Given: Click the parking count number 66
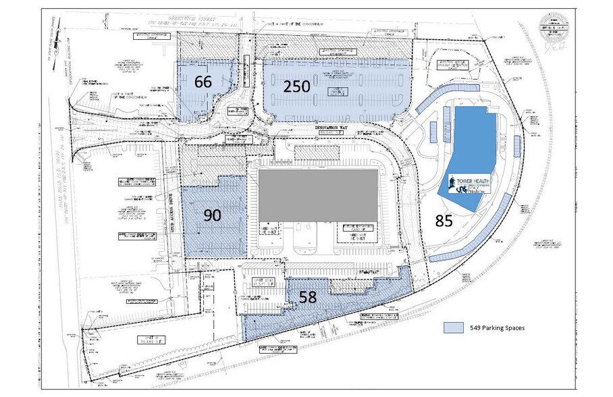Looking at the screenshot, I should [x=203, y=82].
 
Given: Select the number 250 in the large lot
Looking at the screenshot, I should [x=296, y=86].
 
